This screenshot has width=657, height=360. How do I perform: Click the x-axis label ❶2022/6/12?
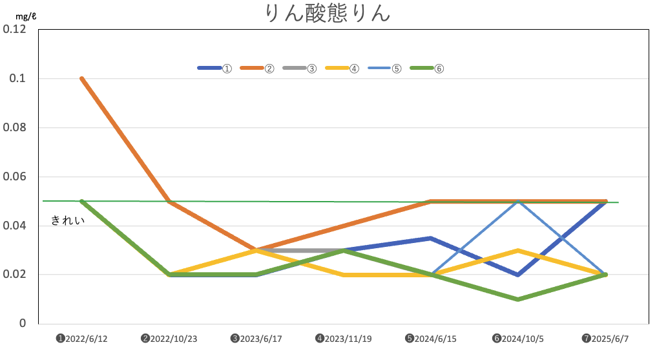[81, 339]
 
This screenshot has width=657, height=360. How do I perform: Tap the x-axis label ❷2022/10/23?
[169, 339]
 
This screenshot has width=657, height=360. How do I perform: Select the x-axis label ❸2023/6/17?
[256, 339]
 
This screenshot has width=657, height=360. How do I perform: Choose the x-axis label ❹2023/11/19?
[343, 339]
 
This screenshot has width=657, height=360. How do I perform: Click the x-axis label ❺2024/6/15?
[430, 339]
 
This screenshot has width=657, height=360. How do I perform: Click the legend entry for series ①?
[215, 68]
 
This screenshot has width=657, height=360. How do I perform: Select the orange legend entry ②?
[258, 68]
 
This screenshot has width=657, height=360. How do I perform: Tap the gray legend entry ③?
[300, 68]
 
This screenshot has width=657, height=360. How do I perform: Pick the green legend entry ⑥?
[428, 68]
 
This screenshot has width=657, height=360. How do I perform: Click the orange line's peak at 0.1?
[82, 79]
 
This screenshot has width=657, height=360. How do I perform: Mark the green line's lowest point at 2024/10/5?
[518, 299]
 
